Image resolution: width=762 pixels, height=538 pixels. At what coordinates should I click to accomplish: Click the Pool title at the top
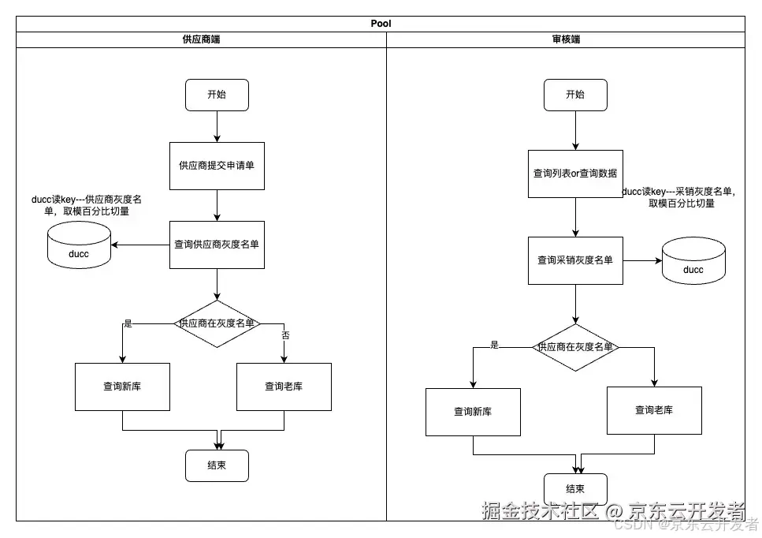(381, 24)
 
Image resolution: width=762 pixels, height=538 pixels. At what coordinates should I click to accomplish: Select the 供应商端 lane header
(201, 39)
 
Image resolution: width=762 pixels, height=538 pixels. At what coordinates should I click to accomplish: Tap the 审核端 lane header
(566, 39)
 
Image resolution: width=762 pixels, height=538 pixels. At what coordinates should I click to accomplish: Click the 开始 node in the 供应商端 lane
(217, 95)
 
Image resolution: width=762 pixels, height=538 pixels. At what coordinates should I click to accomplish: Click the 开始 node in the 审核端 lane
(575, 95)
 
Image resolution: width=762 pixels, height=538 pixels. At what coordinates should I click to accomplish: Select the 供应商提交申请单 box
(217, 166)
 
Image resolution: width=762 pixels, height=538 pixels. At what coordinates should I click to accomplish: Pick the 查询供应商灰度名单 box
(217, 245)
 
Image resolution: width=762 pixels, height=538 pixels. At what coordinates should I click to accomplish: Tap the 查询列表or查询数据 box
(575, 174)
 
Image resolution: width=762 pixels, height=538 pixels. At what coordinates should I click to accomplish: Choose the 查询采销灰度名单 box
(575, 260)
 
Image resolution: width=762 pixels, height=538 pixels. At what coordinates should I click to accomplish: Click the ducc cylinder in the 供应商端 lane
(79, 246)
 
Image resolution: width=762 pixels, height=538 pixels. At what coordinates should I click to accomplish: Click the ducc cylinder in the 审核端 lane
(693, 262)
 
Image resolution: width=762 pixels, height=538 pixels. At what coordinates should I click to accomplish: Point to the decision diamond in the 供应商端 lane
(217, 323)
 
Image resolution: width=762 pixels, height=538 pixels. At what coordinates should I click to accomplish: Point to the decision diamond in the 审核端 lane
(575, 347)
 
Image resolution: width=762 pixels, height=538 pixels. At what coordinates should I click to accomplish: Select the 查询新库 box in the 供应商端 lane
(122, 387)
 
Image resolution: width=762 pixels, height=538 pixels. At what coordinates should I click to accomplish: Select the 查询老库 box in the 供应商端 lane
(284, 387)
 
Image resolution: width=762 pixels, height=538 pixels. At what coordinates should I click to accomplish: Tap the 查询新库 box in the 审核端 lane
(473, 412)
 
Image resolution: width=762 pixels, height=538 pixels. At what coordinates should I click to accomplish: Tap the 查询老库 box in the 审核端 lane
(654, 410)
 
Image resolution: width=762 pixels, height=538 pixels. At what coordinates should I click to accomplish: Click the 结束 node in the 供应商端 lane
(217, 465)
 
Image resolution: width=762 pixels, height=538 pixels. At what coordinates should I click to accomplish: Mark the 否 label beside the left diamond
(285, 335)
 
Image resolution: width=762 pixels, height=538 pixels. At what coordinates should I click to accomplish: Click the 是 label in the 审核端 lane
(495, 345)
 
